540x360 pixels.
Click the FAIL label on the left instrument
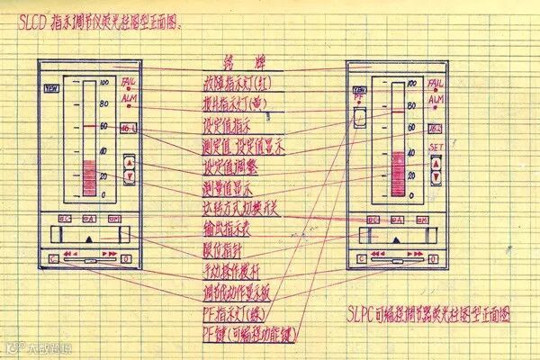point(128,82)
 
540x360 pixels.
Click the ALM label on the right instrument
point(436,101)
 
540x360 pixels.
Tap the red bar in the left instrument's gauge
point(88,176)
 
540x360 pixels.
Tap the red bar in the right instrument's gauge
point(397,173)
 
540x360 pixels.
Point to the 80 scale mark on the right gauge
point(411,106)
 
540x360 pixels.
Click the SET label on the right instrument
point(436,147)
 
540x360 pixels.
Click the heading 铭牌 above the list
point(238,61)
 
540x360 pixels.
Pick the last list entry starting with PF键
point(240,335)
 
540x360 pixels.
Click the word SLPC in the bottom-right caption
point(364,315)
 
